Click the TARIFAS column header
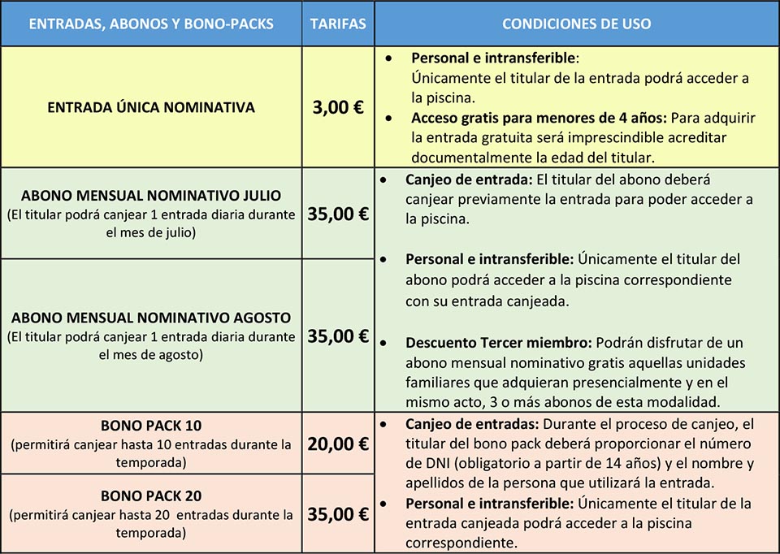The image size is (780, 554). coord(338,24)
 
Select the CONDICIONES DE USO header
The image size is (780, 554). coord(576,24)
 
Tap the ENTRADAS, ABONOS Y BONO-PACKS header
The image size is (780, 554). coord(151,24)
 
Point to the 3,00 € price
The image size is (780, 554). coord(338,107)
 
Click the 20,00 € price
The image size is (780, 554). coord(338,444)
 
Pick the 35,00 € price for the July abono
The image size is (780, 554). coord(338,214)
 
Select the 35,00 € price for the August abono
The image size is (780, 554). coord(338,335)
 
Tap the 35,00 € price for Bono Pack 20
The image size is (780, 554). coord(338,513)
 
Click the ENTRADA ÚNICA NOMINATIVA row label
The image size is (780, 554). coord(151,107)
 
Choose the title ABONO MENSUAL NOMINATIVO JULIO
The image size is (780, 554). coord(151,196)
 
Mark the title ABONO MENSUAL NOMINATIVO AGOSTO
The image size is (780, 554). coord(151,317)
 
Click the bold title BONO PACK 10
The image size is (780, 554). coord(151,426)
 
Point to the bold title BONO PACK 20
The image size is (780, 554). coord(151,496)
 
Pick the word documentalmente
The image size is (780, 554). coord(462,156)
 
